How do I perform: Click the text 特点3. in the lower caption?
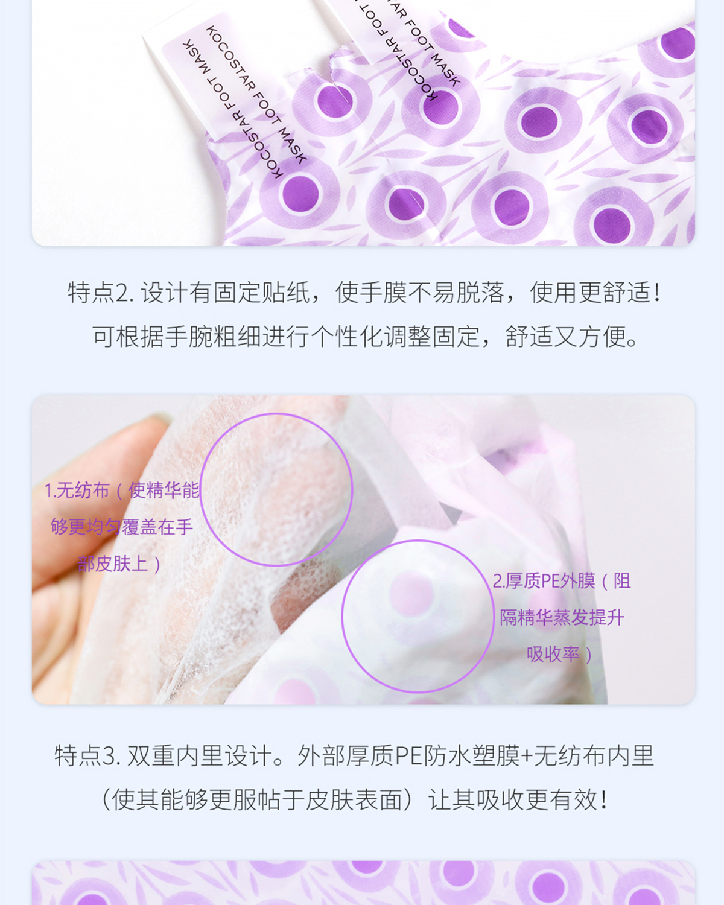pos(87,756)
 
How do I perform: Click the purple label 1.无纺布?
pos(77,491)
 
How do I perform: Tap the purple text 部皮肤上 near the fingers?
pos(113,564)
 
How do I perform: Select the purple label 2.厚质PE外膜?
pos(544,581)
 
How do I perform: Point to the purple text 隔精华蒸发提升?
pos(562,618)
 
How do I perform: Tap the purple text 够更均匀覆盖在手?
pos(122,527)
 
